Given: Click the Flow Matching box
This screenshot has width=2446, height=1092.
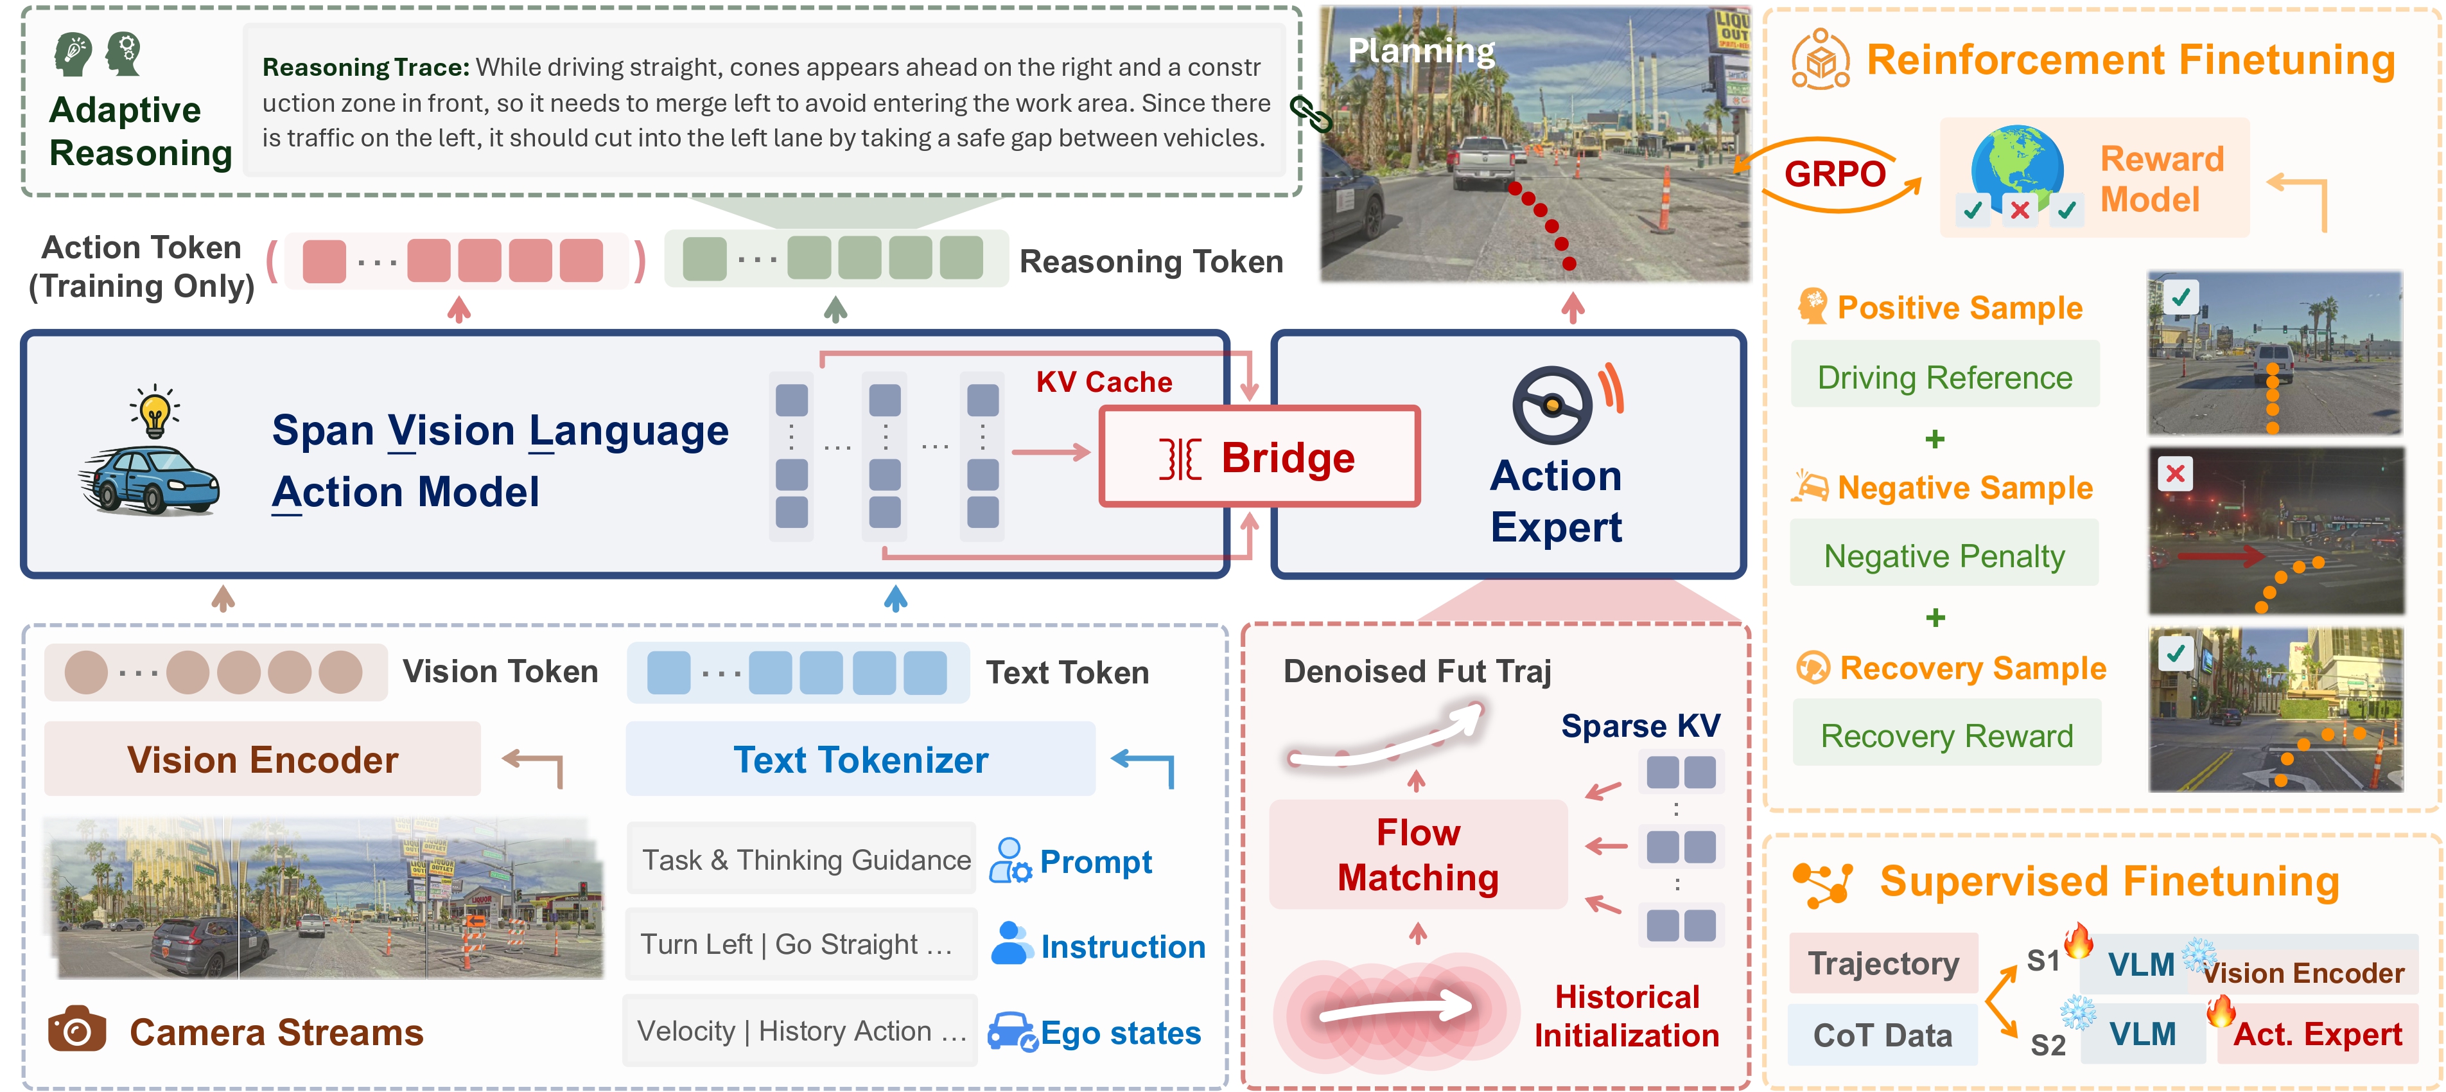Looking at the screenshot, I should coord(1418,854).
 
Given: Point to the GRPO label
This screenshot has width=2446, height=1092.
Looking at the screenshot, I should coord(1835,174).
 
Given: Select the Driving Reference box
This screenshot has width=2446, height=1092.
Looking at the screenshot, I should coord(1944,377).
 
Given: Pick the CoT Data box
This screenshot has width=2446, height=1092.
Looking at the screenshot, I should coord(1882,1034).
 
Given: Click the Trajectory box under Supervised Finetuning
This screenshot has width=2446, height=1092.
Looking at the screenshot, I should coord(1883,963).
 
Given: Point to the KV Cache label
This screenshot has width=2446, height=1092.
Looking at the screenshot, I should coord(1103,382).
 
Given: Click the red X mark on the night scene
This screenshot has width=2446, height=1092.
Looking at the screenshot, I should coord(2176,473).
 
